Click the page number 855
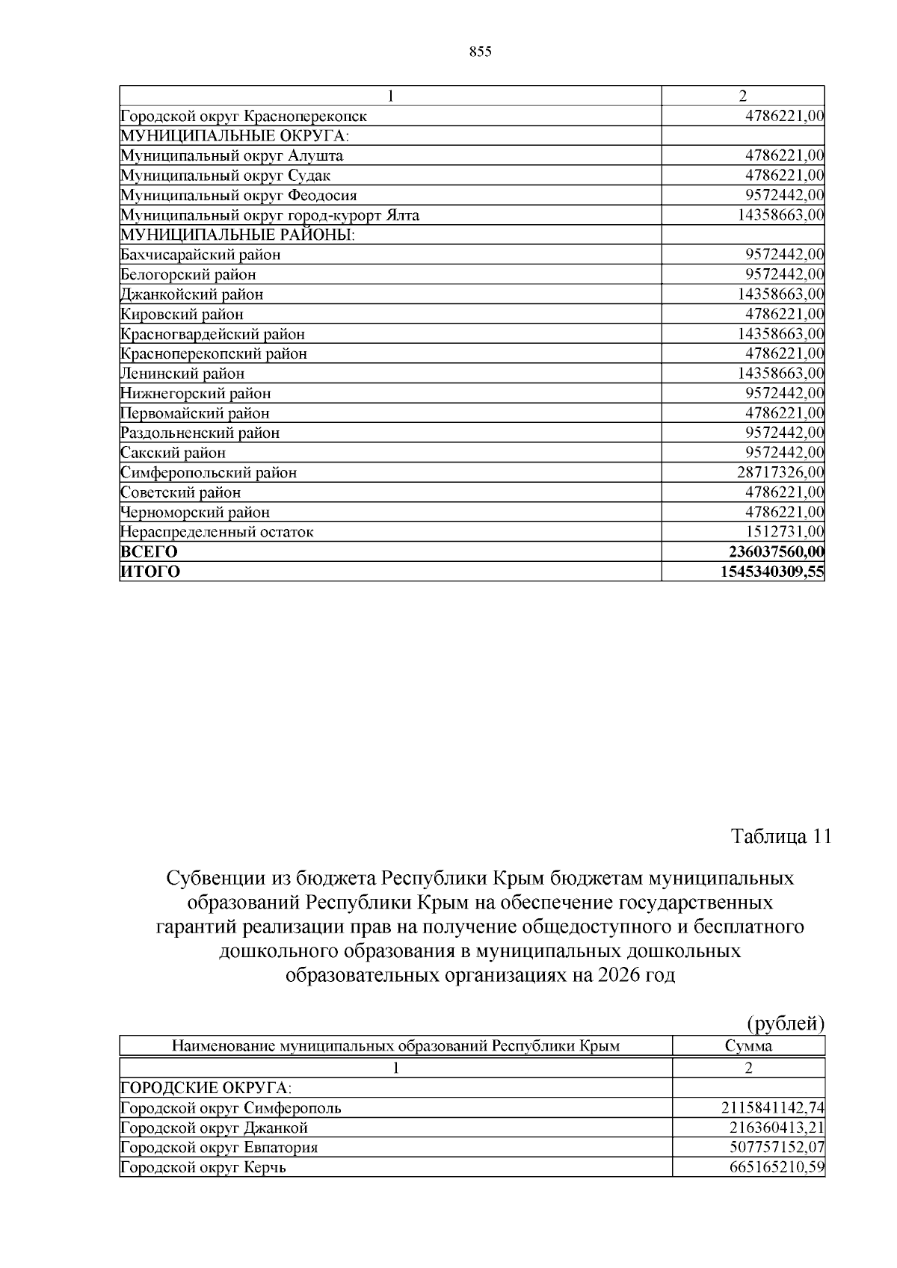pos(480,52)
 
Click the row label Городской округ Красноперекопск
pos(244,117)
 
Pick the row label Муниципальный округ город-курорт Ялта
pos(270,215)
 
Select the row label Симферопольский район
pos(209,472)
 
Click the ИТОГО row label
pos(150,572)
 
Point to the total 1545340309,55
pos(772,572)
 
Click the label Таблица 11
pos(780,836)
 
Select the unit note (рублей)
pos(786,1023)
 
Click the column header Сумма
pos(748,1046)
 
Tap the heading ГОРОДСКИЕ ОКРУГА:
pos(206,1087)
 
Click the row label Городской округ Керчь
pos(203,1167)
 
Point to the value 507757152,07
pos(777,1147)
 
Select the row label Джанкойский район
pos(192,294)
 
